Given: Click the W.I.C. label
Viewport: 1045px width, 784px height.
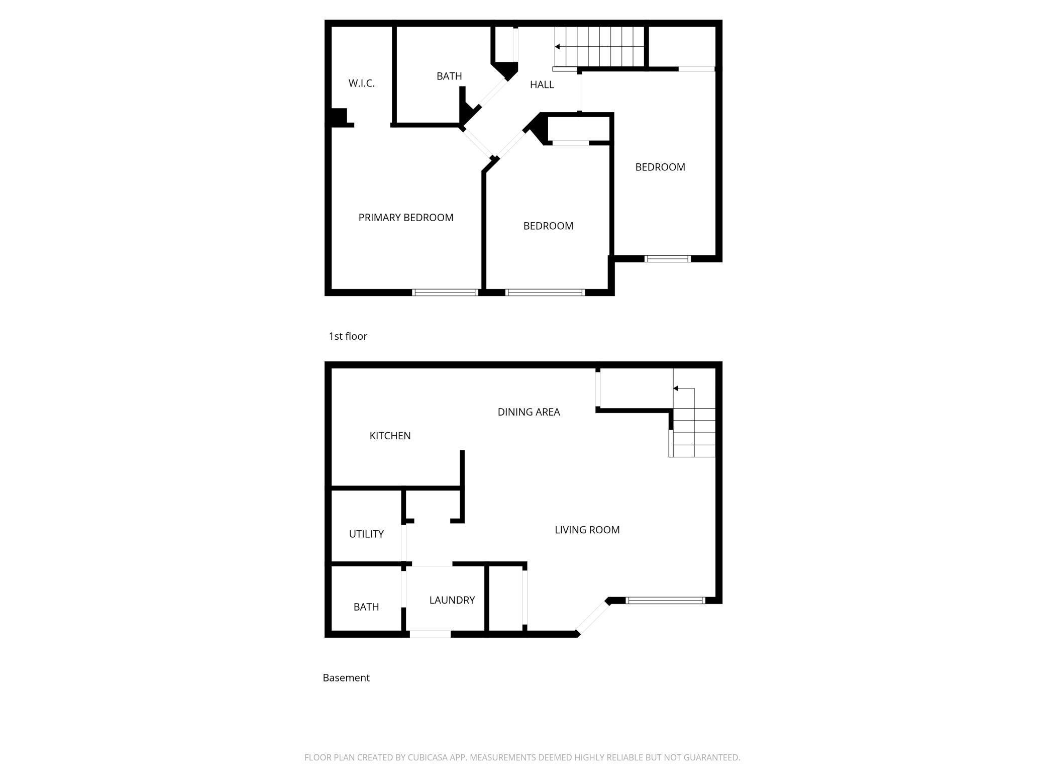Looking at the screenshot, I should pyautogui.click(x=361, y=83).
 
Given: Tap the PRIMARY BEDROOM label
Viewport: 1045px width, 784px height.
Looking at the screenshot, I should pyautogui.click(x=405, y=218).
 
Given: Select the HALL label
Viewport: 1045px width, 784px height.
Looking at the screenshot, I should pyautogui.click(x=542, y=85).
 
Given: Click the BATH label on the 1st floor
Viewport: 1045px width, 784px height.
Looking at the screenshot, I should pyautogui.click(x=449, y=76).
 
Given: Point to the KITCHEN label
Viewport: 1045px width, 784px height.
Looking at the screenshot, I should pyautogui.click(x=390, y=436).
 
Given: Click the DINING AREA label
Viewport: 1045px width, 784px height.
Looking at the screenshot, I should pyautogui.click(x=529, y=412).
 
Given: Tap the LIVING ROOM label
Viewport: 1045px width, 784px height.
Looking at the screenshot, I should pyautogui.click(x=587, y=530).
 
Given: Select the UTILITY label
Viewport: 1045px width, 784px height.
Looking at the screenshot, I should pyautogui.click(x=366, y=534).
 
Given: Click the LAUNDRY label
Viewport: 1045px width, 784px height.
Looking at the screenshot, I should pyautogui.click(x=452, y=600).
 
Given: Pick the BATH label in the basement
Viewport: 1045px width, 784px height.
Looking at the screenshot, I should pyautogui.click(x=366, y=607).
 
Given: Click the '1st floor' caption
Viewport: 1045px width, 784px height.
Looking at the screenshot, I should pyautogui.click(x=348, y=336).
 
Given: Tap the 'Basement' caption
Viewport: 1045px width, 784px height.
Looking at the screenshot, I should pyautogui.click(x=346, y=678).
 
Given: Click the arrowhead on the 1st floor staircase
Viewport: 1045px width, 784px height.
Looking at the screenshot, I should pyautogui.click(x=557, y=47).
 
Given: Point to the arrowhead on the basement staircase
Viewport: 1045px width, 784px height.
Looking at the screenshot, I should pyautogui.click(x=676, y=388).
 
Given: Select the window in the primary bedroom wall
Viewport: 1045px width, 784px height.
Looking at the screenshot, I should pyautogui.click(x=445, y=292).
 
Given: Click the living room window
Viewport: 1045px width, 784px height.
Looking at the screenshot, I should pyautogui.click(x=665, y=600).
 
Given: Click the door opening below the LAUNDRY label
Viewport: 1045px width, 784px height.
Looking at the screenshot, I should pyautogui.click(x=430, y=634).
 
